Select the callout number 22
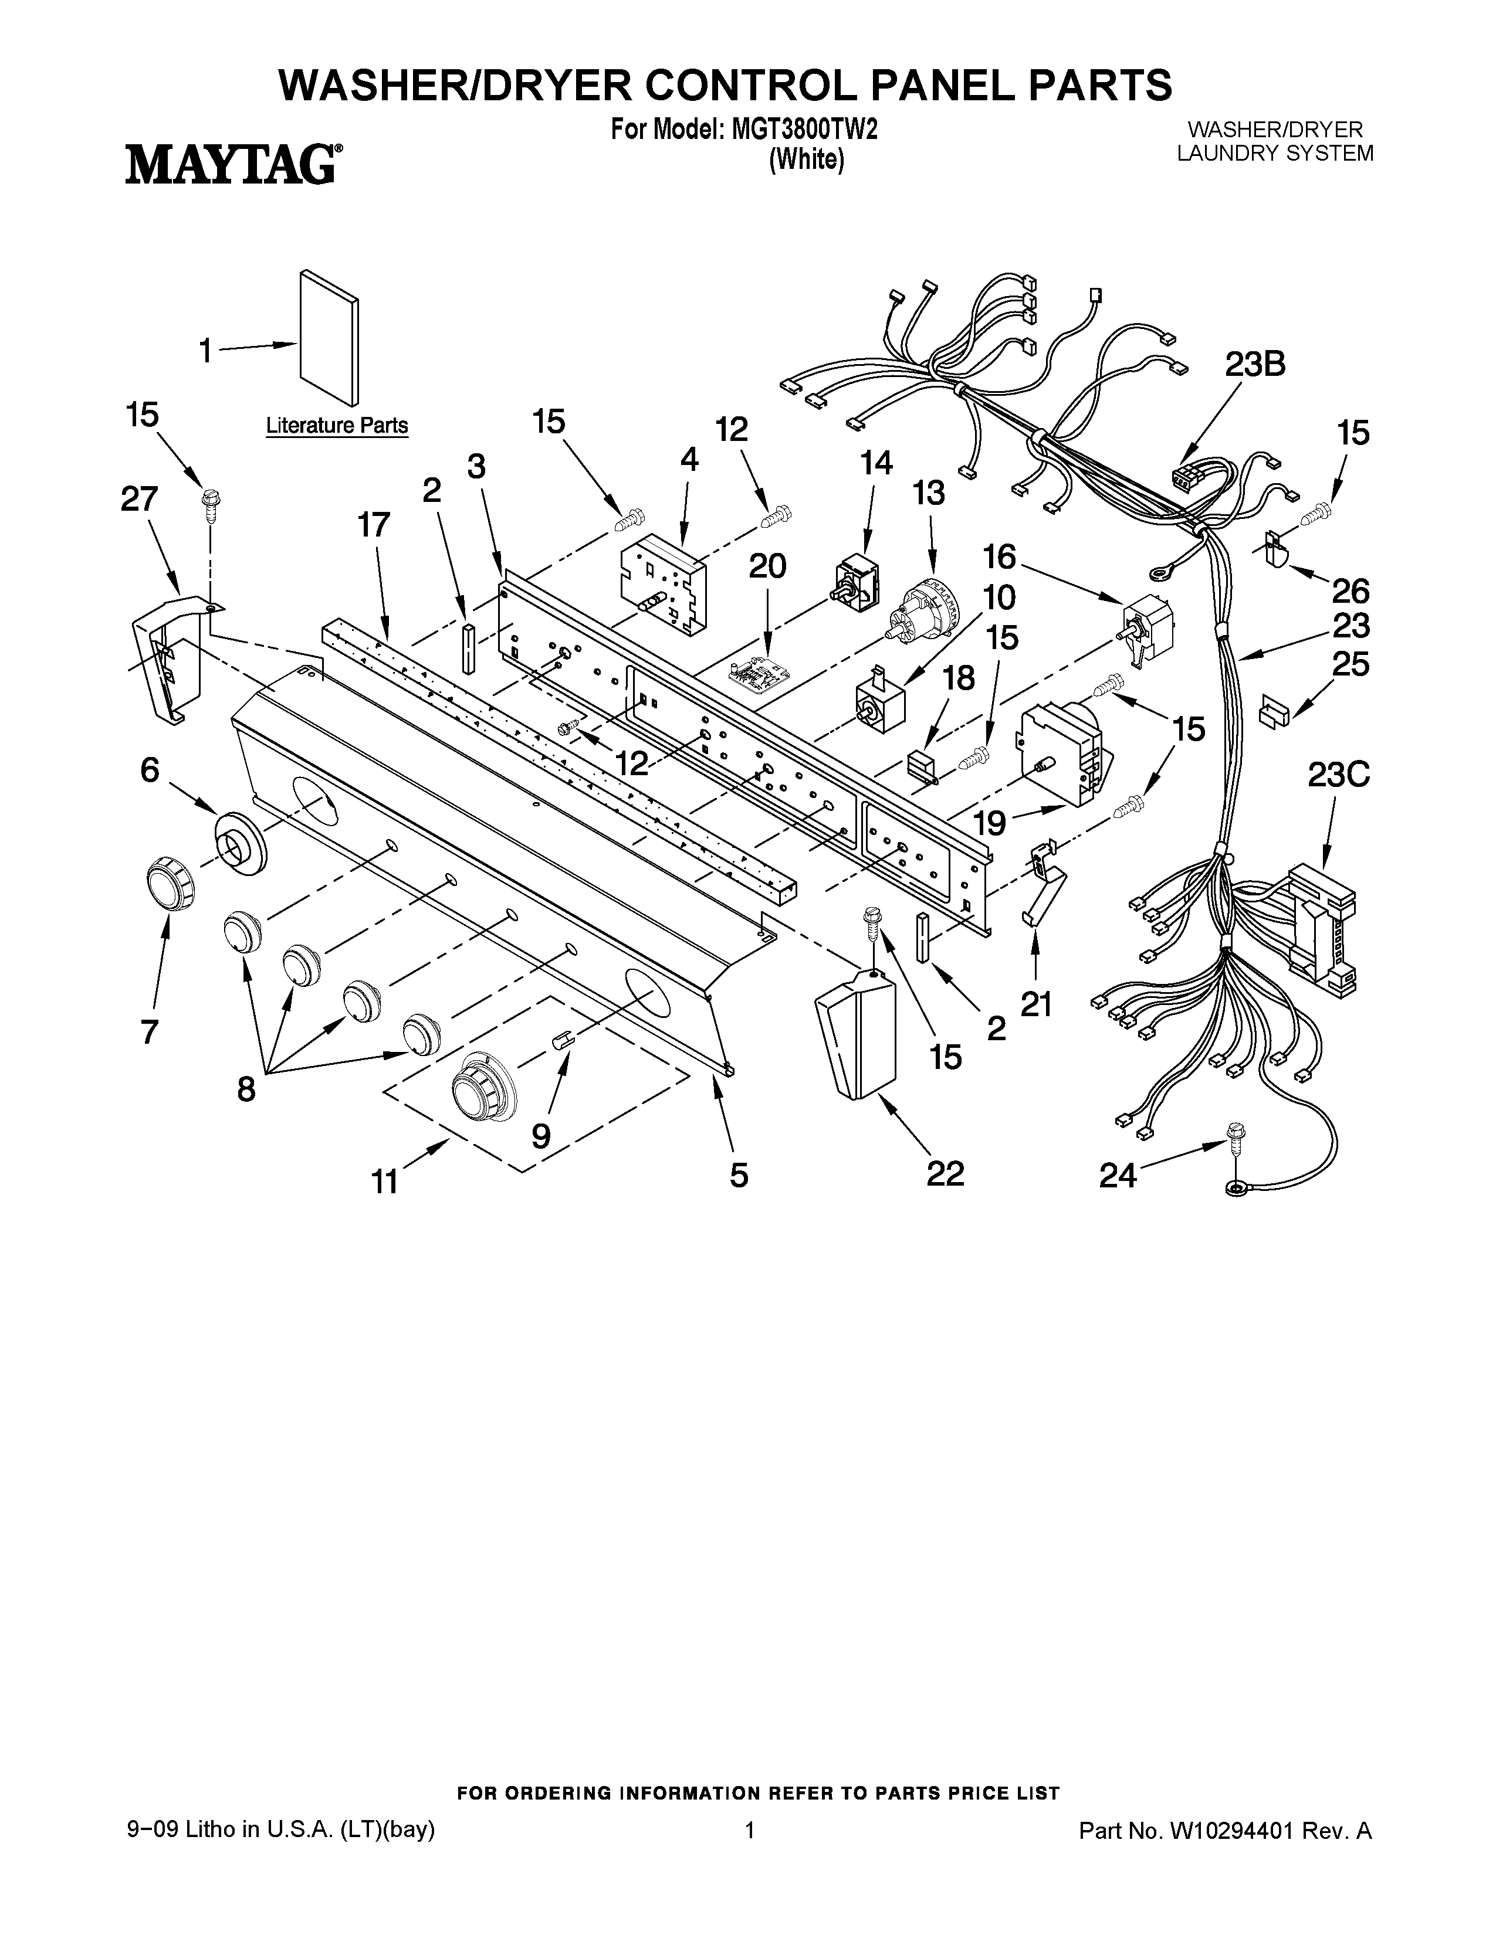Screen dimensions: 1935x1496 point(945,1174)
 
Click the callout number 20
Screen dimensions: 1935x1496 point(767,565)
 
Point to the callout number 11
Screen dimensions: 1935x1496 point(385,1181)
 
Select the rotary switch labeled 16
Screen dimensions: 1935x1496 point(1147,626)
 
